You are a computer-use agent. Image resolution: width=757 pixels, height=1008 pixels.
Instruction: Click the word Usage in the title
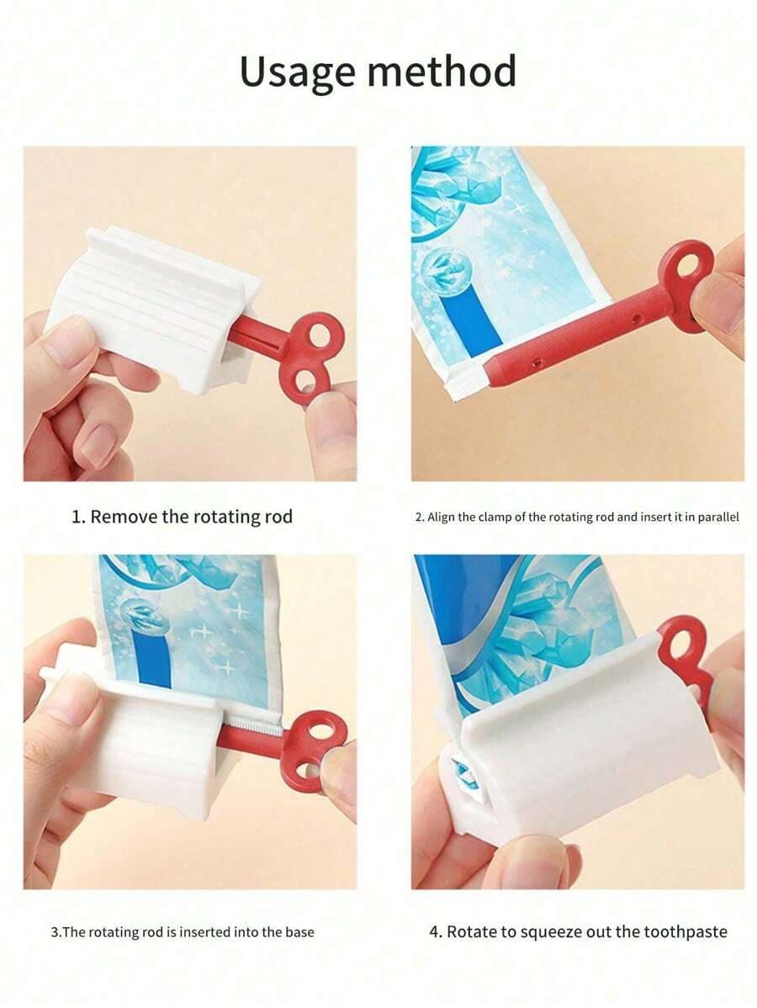click(x=297, y=72)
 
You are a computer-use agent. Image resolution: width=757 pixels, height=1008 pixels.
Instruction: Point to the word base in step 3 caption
click(x=300, y=931)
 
